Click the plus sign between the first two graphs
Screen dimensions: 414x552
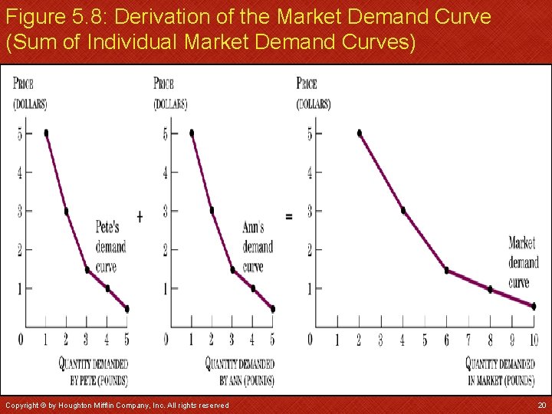pos(140,216)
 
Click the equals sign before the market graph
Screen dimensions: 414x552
pos(288,216)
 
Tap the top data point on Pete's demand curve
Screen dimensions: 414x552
pos(47,133)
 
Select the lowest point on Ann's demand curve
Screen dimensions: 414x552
pos(272,309)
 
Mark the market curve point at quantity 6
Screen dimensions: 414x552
pos(446,271)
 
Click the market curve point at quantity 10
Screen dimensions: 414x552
pos(534,306)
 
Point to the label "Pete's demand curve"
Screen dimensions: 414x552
pos(110,247)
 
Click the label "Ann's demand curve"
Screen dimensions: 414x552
pos(257,247)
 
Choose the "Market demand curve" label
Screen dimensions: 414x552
pos(523,262)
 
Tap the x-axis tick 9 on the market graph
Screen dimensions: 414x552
pos(512,340)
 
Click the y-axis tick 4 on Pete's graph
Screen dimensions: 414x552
pos(20,172)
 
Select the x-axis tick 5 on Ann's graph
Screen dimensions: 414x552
pos(272,340)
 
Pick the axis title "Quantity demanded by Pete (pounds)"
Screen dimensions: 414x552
pos(94,372)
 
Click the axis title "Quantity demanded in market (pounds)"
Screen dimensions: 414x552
pos(501,372)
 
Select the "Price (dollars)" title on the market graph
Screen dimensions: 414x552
pos(313,93)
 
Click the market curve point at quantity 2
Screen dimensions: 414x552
pos(360,133)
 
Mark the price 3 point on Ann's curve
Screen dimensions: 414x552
pos(212,210)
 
